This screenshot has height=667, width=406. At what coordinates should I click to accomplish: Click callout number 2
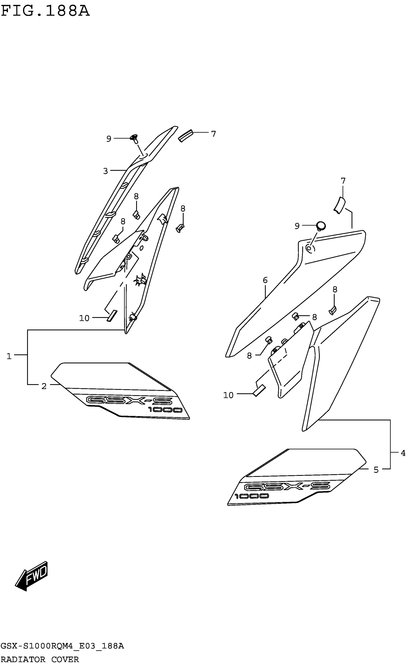(x=44, y=386)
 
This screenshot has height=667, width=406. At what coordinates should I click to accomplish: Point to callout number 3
(x=105, y=171)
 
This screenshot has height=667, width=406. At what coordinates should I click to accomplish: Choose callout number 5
(x=376, y=470)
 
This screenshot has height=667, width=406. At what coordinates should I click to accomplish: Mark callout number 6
(x=265, y=280)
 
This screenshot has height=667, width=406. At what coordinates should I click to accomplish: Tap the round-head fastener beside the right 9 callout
(x=321, y=226)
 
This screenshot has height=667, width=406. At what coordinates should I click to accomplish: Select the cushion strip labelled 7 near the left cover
(x=186, y=136)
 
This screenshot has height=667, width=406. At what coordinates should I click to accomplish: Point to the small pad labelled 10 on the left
(x=112, y=316)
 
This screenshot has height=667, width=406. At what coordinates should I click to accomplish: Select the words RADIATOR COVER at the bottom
(x=40, y=659)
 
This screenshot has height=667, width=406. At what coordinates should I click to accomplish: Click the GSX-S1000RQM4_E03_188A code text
(x=62, y=646)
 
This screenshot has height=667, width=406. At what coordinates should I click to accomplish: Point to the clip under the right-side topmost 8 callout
(x=332, y=311)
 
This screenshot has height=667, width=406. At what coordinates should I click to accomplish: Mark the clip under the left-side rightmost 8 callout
(x=180, y=228)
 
